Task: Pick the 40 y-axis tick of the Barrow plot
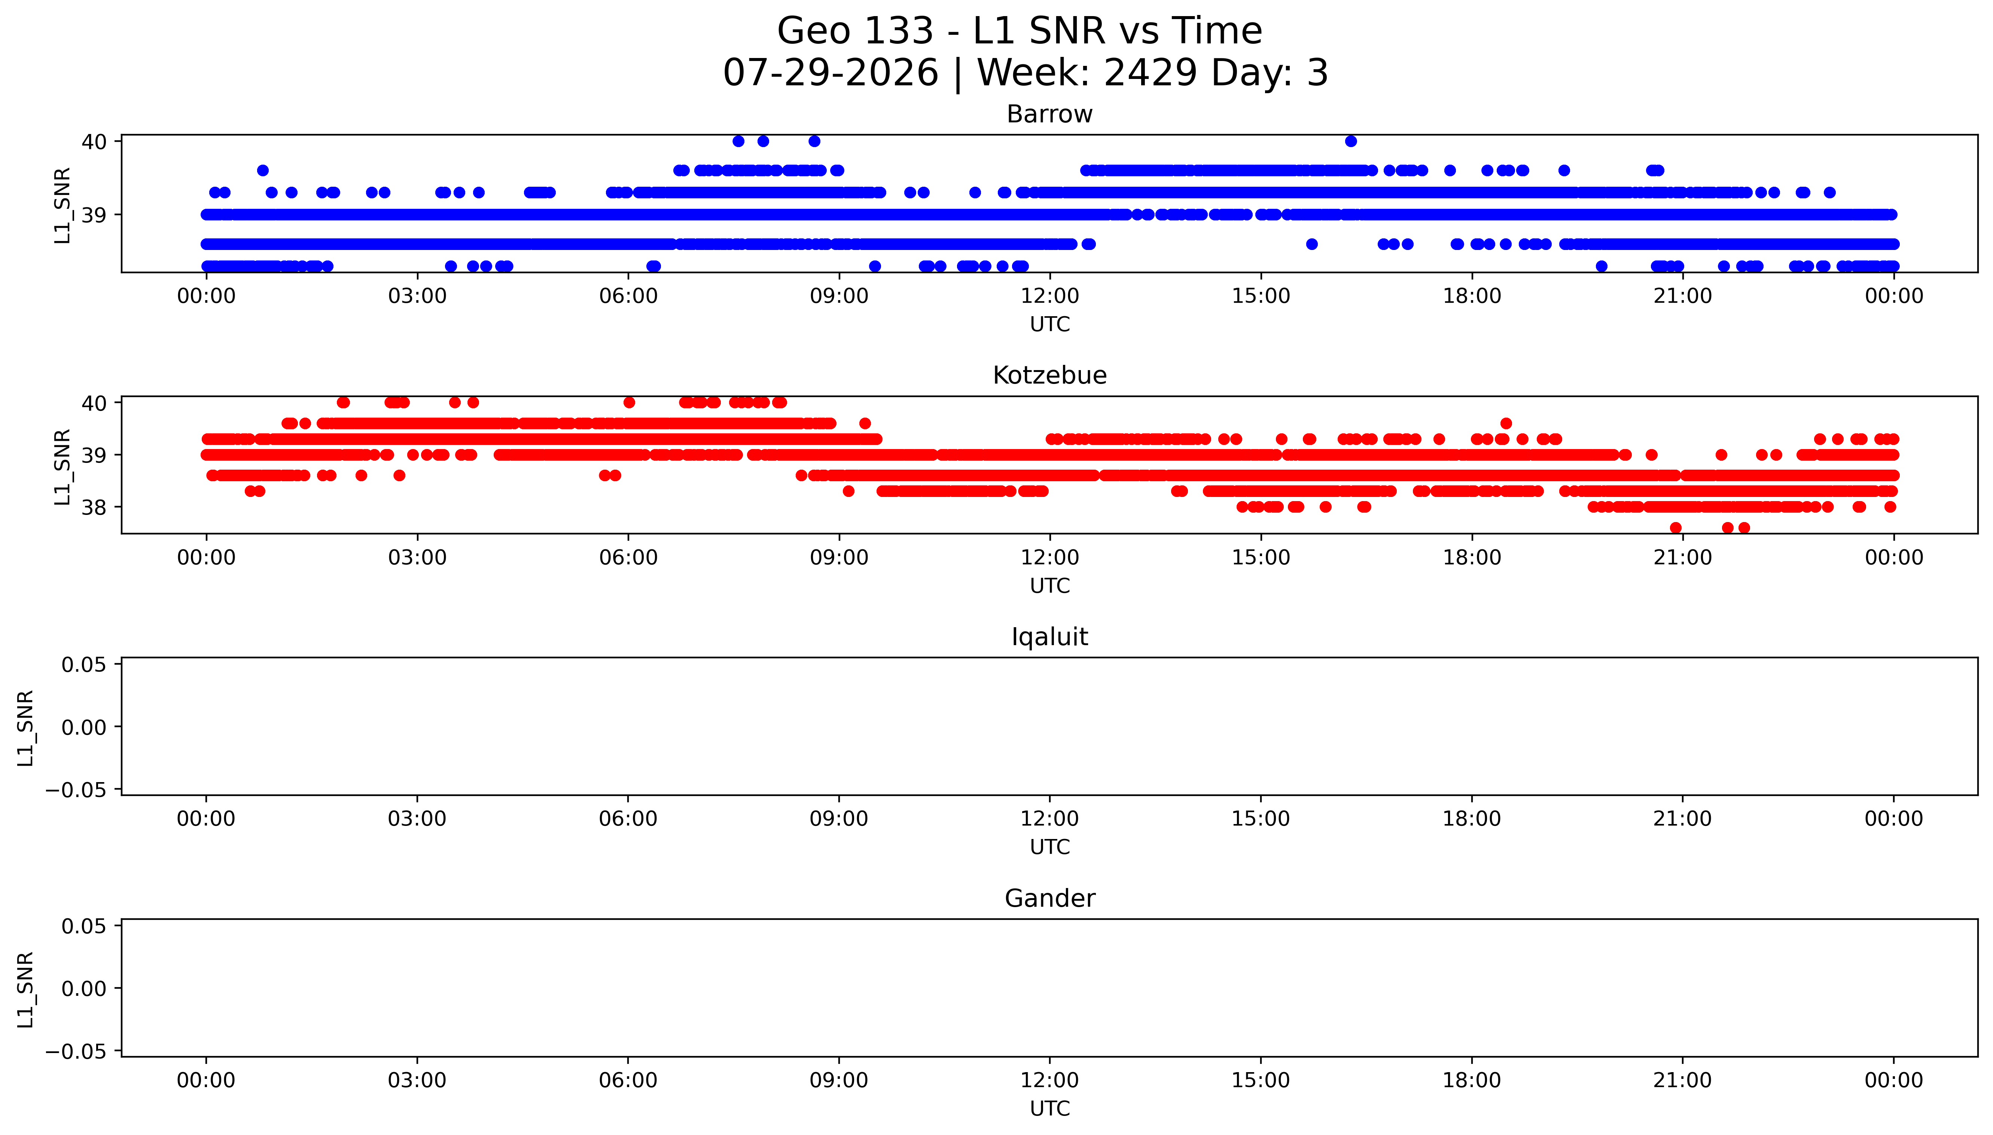coord(94,141)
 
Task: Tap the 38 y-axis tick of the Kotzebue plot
coord(94,507)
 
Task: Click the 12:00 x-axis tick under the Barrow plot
coord(1050,296)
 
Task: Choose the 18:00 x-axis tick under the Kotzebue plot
coord(1472,557)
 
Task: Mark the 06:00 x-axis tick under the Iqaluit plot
coord(628,818)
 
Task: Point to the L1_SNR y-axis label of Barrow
coord(63,205)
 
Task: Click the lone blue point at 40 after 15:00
coord(1351,141)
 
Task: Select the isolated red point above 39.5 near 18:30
coord(1506,423)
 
